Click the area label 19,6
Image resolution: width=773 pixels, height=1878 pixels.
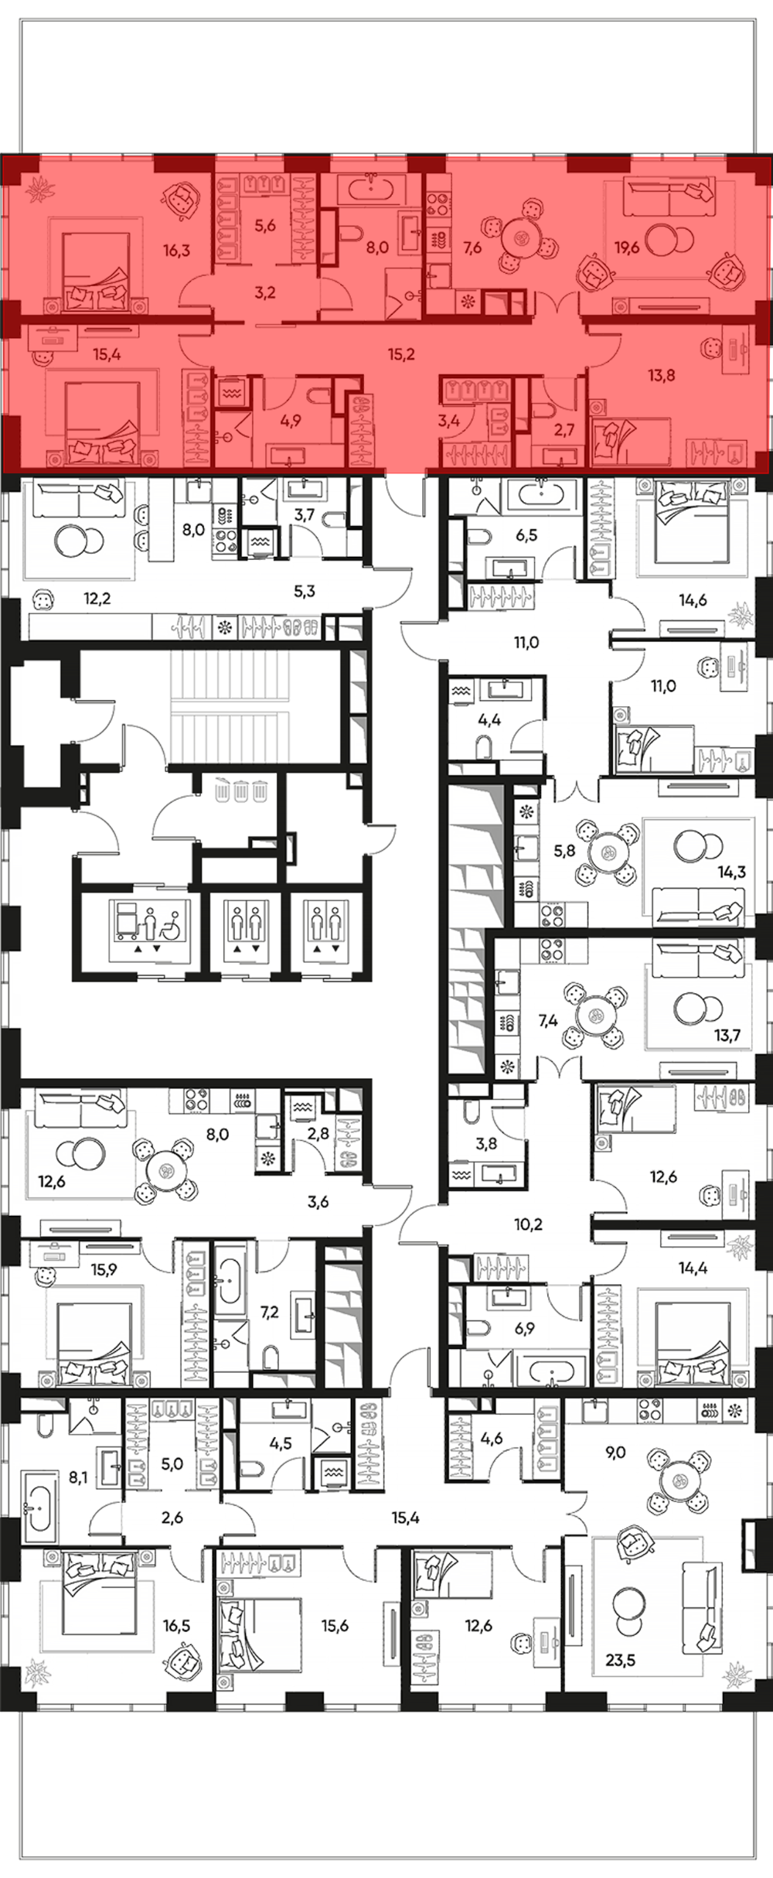627,248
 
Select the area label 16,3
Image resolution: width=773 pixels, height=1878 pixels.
177,250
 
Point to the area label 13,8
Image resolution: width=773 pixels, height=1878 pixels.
662,376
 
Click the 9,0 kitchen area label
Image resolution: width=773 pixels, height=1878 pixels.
615,1453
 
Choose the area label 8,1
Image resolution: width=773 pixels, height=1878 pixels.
78,1477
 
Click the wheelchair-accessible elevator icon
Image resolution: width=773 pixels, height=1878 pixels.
149,924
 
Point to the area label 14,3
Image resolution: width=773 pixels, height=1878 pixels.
731,872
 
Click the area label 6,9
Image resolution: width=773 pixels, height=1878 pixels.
524,1329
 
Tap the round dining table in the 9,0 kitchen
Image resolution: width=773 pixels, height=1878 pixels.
681,1482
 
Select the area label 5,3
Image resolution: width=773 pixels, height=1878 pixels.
305,592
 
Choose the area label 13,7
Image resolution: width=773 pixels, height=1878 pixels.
727,1035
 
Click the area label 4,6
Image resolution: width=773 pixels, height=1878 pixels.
492,1439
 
